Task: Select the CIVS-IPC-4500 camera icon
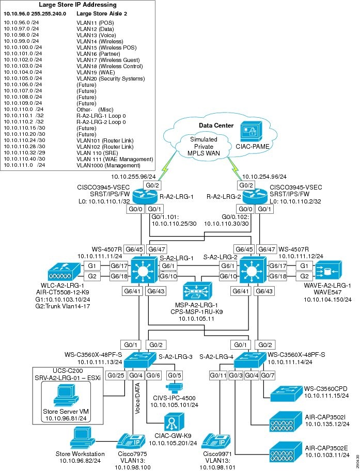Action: click(x=174, y=387)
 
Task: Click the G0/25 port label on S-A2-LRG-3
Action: click(x=115, y=374)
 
